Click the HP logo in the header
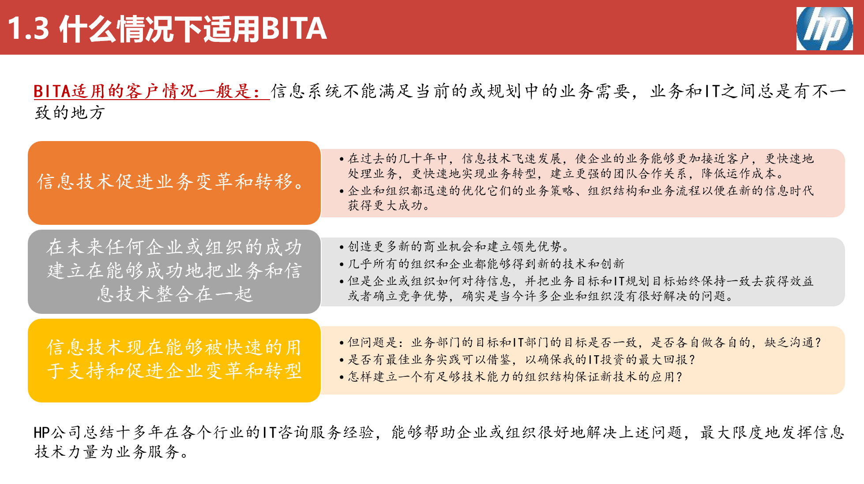(x=824, y=29)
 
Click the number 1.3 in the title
(x=28, y=29)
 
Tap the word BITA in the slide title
(x=294, y=29)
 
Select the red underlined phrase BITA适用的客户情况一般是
(x=151, y=91)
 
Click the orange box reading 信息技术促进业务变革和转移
(x=174, y=182)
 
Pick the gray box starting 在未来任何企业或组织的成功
(x=174, y=271)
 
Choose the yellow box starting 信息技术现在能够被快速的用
(x=174, y=360)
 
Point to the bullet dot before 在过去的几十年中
(x=342, y=159)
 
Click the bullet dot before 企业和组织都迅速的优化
(x=342, y=191)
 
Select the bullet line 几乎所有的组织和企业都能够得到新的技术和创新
(x=485, y=264)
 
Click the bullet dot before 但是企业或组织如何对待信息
(x=342, y=282)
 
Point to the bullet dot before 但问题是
(x=342, y=343)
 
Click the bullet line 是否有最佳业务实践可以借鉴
(x=521, y=360)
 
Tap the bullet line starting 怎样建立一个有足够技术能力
(x=515, y=377)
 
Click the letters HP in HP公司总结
(x=42, y=433)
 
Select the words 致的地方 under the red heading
(x=70, y=113)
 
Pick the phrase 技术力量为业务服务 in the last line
(x=106, y=452)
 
